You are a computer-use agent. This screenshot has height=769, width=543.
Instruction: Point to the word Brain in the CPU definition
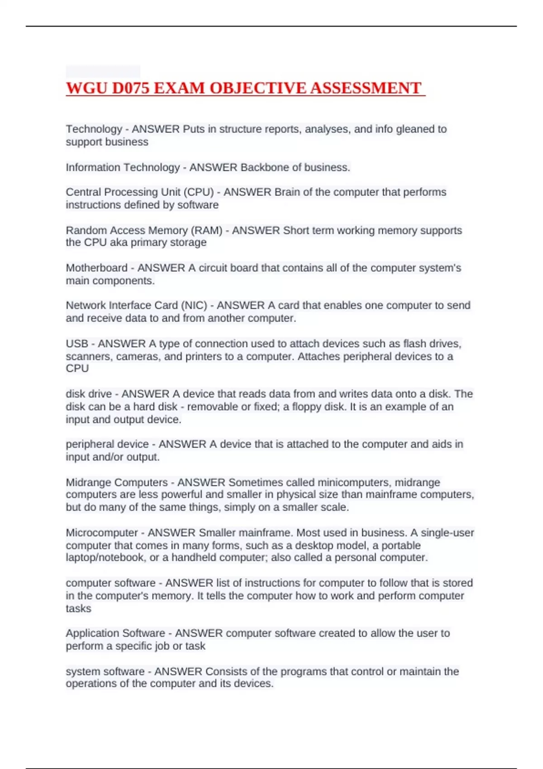coord(287,192)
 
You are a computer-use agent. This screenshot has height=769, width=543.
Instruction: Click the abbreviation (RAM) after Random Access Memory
coord(207,230)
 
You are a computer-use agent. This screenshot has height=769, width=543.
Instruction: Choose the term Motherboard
coord(96,268)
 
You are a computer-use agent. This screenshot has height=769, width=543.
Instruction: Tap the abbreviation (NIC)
coord(194,305)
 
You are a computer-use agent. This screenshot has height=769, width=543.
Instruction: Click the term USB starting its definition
coord(77,344)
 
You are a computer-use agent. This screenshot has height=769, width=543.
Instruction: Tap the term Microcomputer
coord(102,533)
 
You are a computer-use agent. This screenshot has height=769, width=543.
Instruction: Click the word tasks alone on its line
coord(78,608)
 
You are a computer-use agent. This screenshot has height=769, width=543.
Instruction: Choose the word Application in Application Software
coord(92,633)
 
